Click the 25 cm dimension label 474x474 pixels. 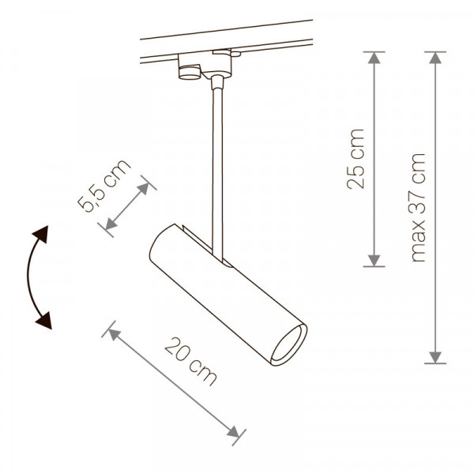pyautogui.click(x=355, y=160)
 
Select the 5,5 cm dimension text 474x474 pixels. pyautogui.click(x=103, y=186)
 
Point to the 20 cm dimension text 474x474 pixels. pyautogui.click(x=190, y=362)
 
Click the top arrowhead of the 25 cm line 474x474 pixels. pyautogui.click(x=374, y=58)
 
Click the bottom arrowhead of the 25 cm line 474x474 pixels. pyautogui.click(x=374, y=261)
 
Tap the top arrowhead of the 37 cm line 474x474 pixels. pyautogui.click(x=435, y=58)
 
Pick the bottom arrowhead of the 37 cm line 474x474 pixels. pyautogui.click(x=435, y=357)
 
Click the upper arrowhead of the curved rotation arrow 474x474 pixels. pyautogui.click(x=41, y=234)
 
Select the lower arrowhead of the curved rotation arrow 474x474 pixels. pyautogui.click(x=44, y=321)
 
